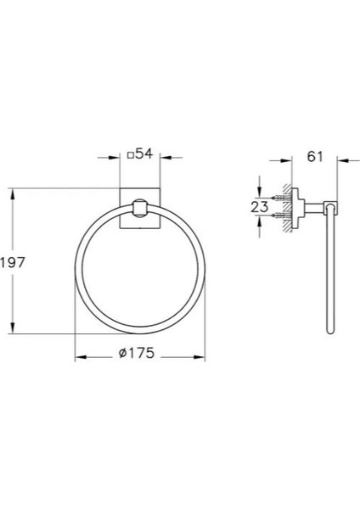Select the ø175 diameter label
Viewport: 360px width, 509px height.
(139, 355)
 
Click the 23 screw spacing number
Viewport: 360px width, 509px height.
(262, 206)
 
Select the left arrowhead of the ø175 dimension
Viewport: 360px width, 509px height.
(79, 355)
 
